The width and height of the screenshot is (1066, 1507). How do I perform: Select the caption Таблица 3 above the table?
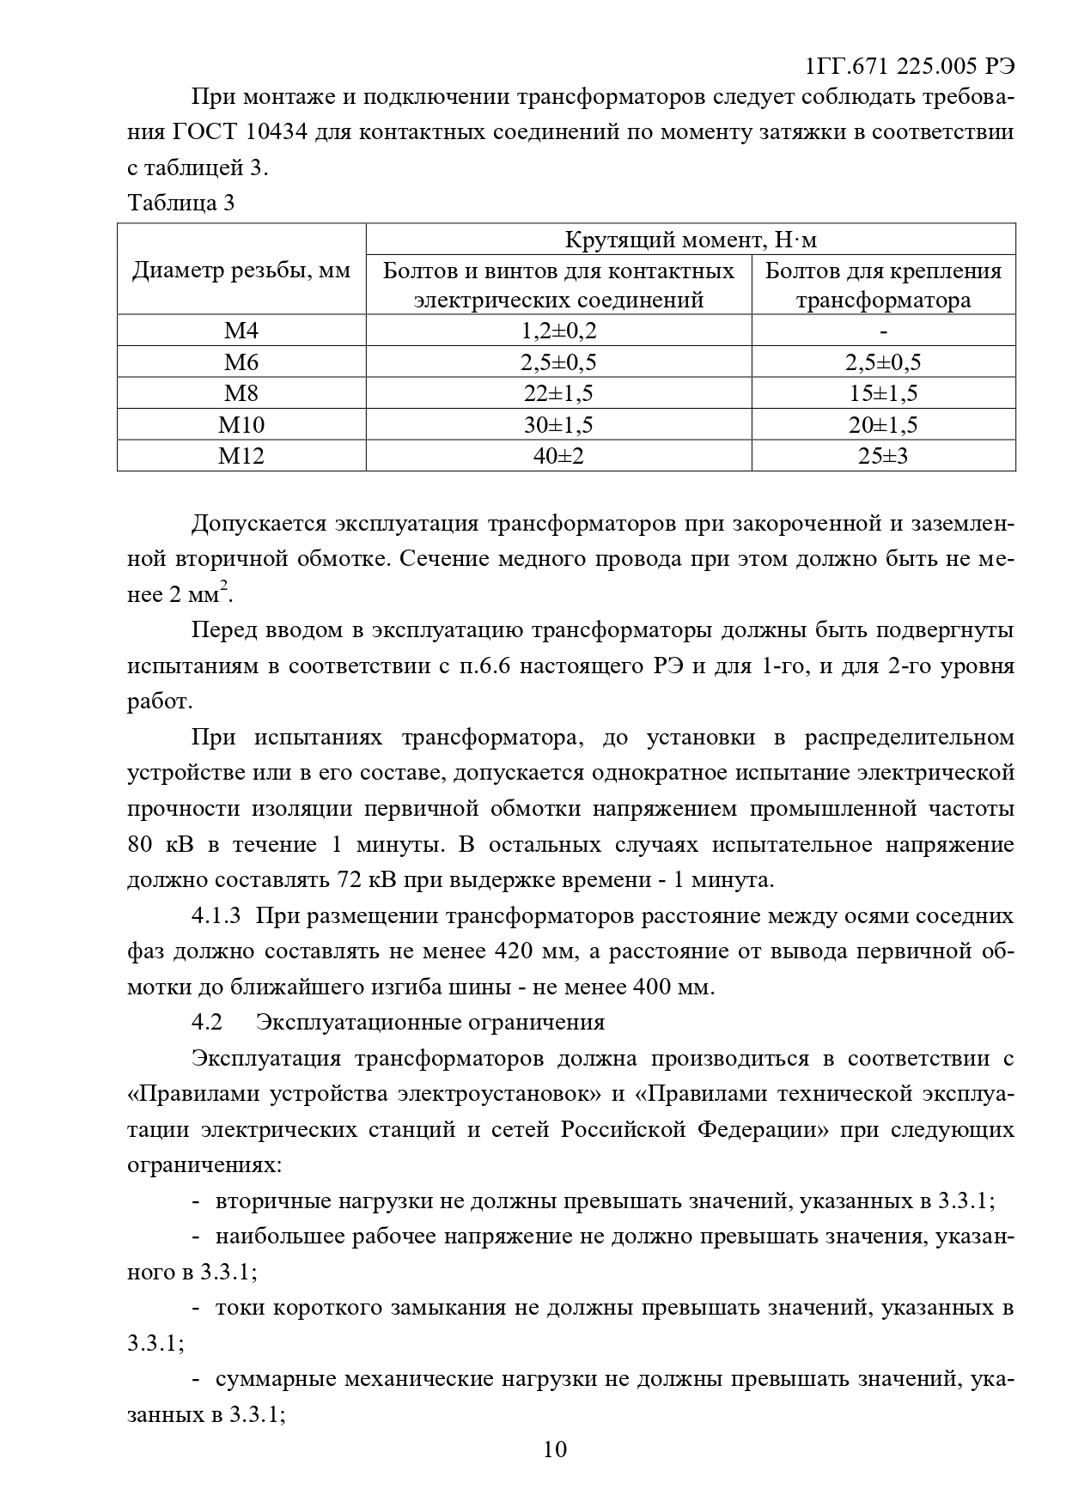click(x=180, y=204)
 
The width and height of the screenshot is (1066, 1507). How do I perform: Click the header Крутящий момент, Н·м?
click(x=691, y=240)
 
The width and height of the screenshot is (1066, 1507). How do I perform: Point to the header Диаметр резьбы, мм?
click(x=241, y=271)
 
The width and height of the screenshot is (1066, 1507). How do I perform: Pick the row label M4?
click(x=241, y=331)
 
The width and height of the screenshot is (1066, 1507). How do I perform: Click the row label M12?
click(x=241, y=456)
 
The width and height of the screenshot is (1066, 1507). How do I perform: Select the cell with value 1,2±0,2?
click(x=558, y=331)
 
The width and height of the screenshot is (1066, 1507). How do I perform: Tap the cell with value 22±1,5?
click(x=558, y=393)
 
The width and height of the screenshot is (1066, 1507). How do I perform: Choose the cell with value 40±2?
click(x=558, y=456)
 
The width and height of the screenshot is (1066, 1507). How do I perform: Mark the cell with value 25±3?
click(x=883, y=456)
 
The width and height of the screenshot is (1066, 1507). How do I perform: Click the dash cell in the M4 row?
click(x=883, y=331)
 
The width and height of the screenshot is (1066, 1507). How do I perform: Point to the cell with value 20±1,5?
click(x=883, y=425)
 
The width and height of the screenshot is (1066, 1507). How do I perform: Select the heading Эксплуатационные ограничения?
click(x=430, y=1023)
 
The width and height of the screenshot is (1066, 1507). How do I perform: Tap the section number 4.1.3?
click(x=216, y=916)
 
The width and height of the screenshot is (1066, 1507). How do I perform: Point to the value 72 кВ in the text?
click(x=360, y=880)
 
